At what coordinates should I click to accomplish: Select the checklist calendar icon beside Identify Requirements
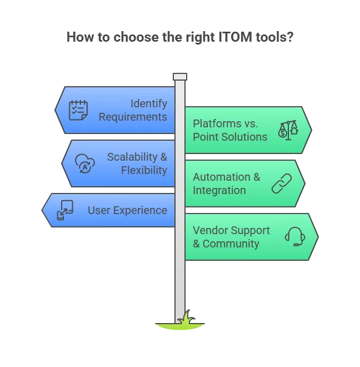pos(78,110)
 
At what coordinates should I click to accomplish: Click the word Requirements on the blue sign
pos(133,117)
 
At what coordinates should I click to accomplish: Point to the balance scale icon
pos(288,130)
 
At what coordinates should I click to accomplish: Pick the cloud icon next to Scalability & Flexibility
pos(85,163)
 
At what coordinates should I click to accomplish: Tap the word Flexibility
pos(144,170)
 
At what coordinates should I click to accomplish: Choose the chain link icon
pos(282,183)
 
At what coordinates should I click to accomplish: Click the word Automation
pos(222,177)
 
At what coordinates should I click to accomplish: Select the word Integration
pos(219,190)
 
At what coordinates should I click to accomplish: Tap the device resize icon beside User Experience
pos(65,210)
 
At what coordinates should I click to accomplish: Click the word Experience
pos(141,210)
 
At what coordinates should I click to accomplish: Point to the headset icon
pos(295,236)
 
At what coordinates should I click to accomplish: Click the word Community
pos(231,244)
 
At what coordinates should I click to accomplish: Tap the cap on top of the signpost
pos(180,77)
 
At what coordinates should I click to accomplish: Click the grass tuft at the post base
pos(186,318)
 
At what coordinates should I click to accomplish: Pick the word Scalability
pos(132,157)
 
